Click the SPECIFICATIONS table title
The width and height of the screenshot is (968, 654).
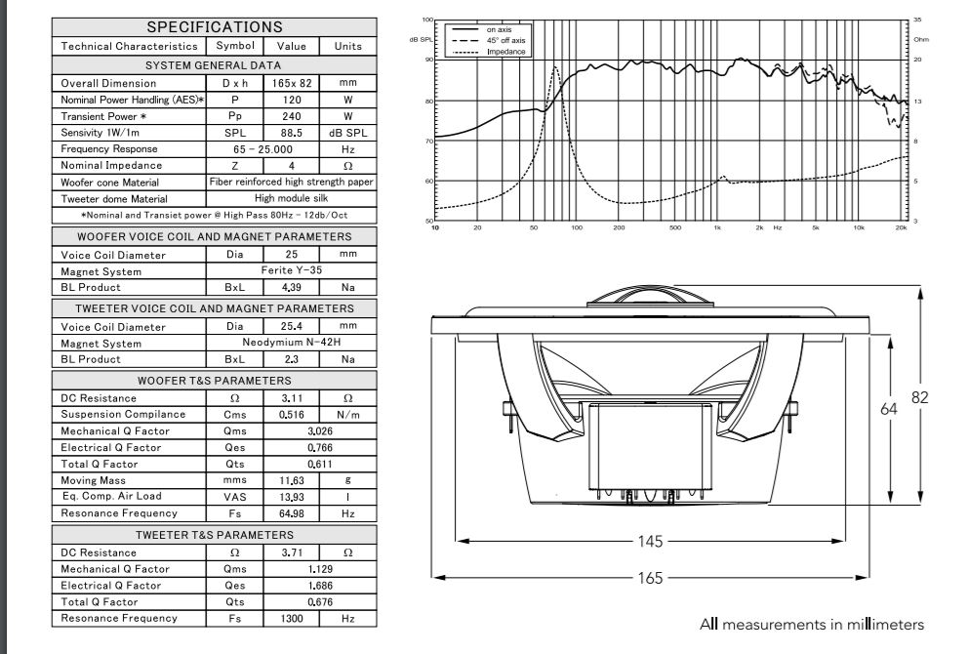pyautogui.click(x=215, y=27)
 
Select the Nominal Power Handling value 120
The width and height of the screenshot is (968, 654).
pyautogui.click(x=292, y=100)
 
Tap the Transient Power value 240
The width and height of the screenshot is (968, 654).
pyautogui.click(x=292, y=116)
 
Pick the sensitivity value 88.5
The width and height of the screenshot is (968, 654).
pyautogui.click(x=292, y=133)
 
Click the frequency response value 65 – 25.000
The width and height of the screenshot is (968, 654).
pyautogui.click(x=262, y=149)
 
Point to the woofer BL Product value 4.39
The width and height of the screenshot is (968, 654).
pyautogui.click(x=292, y=287)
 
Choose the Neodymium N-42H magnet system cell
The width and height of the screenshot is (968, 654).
pyautogui.click(x=292, y=343)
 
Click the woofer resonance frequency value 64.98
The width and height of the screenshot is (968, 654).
pyautogui.click(x=292, y=513)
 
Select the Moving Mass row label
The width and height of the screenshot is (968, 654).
pyautogui.click(x=94, y=480)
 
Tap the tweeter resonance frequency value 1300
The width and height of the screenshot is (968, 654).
pyautogui.click(x=292, y=618)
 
